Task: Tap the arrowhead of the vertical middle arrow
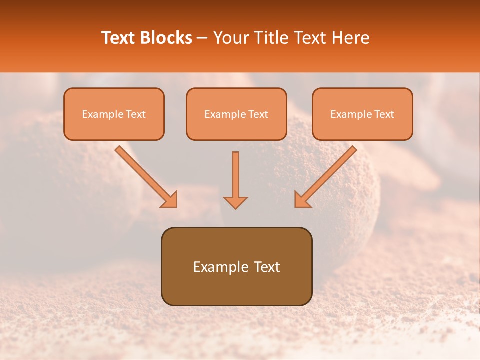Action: tap(235, 202)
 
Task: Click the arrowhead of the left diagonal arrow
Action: tap(169, 200)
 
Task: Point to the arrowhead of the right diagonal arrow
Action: tap(302, 200)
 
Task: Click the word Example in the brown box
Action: tap(215, 267)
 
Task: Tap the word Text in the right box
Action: tap(384, 114)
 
